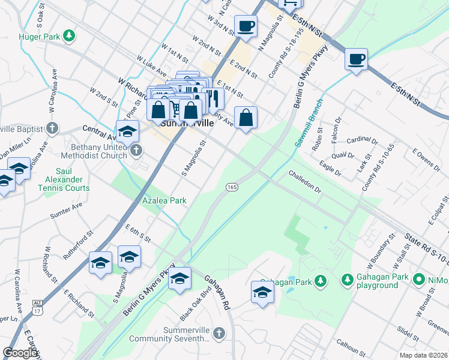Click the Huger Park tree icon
point(70,37)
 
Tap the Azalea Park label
point(164,200)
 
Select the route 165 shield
point(232,188)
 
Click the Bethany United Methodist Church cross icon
point(136,150)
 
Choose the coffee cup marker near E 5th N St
point(357,59)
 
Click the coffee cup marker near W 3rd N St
point(245,26)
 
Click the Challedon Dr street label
point(306,181)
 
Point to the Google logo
point(20,353)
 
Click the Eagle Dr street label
point(330,168)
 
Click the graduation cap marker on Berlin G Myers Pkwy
point(179,279)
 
